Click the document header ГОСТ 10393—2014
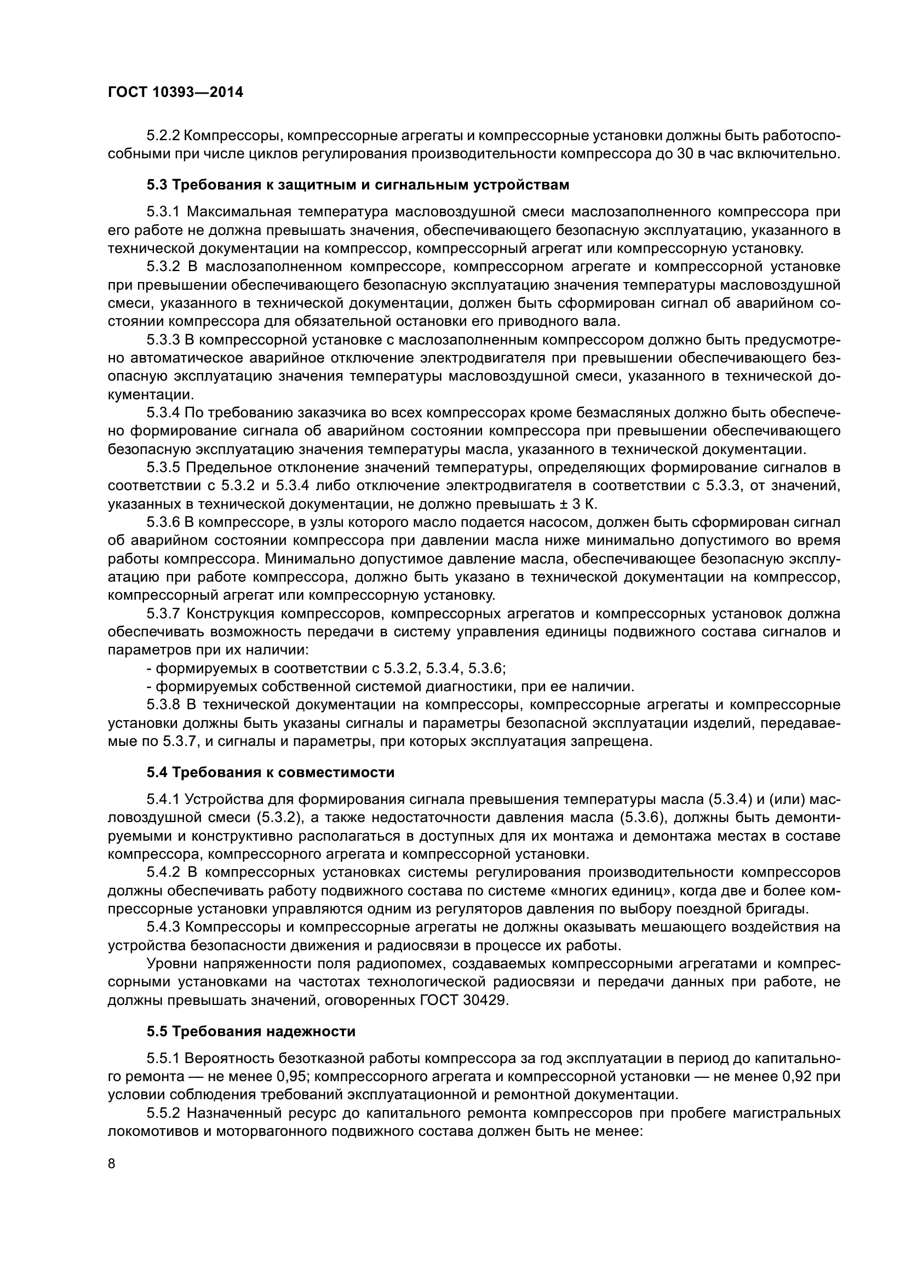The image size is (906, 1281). [x=175, y=93]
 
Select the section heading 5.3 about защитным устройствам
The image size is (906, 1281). [x=358, y=185]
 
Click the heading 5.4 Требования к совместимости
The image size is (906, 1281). [x=271, y=772]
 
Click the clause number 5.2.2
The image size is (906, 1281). [x=163, y=136]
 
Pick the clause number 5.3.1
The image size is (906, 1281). [x=163, y=212]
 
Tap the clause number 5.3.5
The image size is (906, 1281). [x=163, y=467]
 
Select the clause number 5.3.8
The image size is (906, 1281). [x=163, y=705]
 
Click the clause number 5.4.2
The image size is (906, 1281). [x=163, y=872]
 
